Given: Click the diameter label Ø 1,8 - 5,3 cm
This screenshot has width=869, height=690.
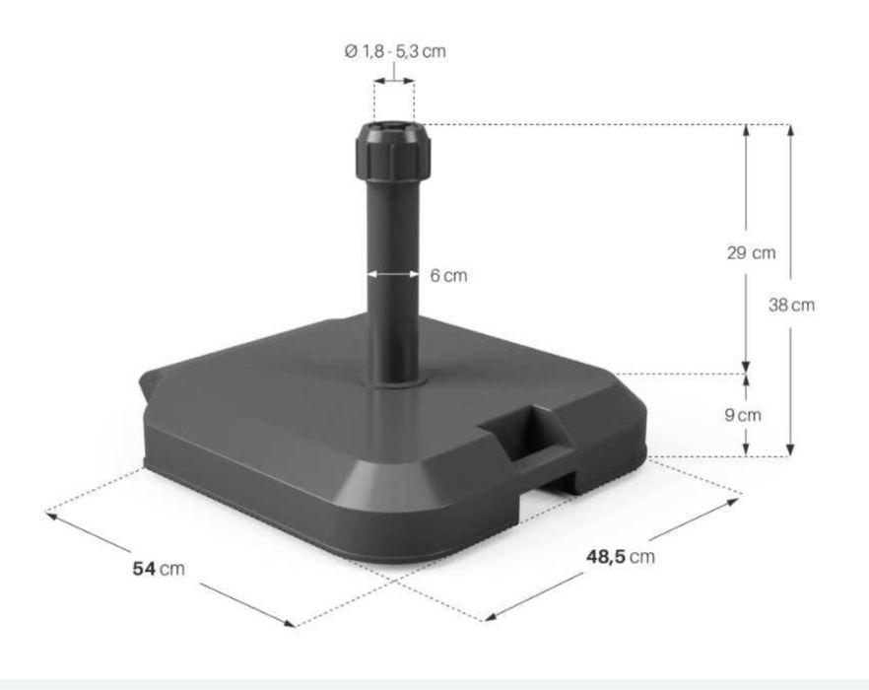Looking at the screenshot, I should (394, 51).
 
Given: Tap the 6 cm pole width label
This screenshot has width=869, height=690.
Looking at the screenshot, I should (448, 276).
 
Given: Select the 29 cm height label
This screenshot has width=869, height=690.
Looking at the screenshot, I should (752, 252).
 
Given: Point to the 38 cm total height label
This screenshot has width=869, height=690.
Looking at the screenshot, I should (792, 305).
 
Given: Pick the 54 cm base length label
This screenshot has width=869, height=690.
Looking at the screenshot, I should (159, 569).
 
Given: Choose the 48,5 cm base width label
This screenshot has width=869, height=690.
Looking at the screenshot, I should (621, 557).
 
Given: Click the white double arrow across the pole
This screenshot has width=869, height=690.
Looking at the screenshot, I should (394, 275).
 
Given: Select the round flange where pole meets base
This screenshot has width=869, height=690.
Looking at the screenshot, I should (394, 379).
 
